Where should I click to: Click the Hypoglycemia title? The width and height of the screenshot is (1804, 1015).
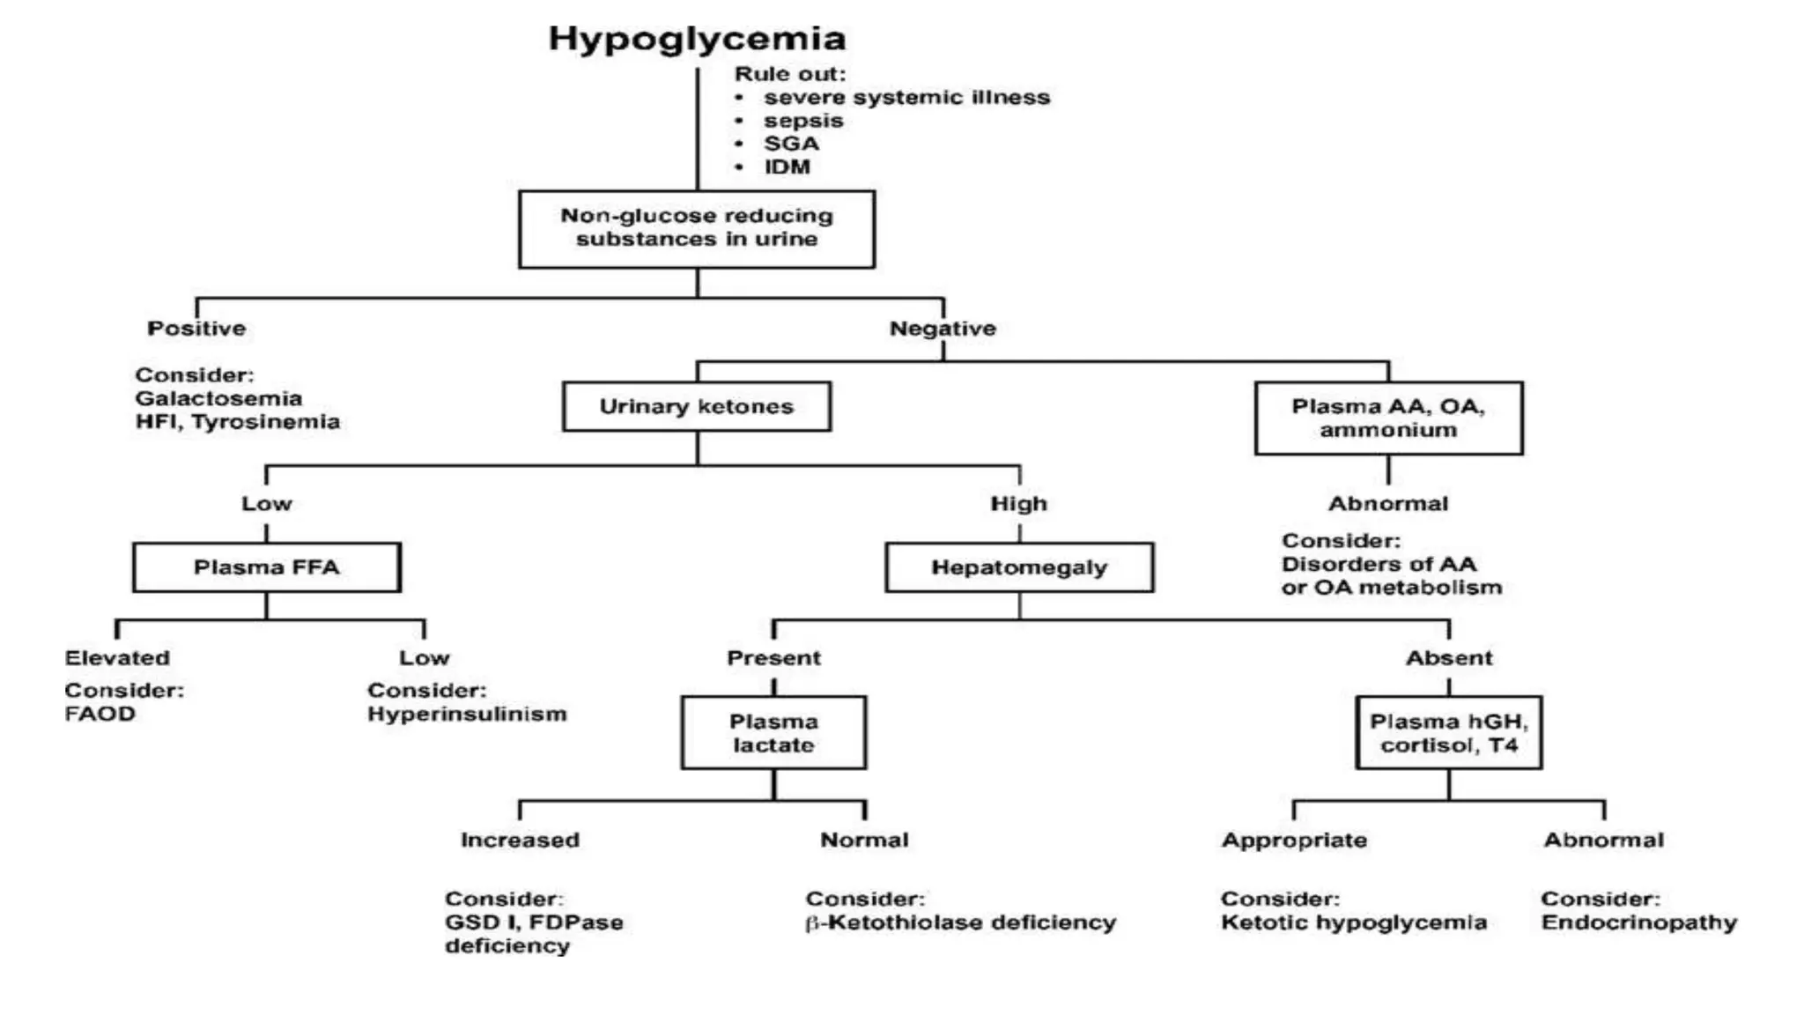697,39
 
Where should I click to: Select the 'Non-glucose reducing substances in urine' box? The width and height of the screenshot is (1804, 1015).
697,228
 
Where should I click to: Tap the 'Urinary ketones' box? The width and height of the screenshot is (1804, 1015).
697,406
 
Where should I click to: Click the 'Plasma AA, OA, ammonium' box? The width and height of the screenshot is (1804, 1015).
1388,418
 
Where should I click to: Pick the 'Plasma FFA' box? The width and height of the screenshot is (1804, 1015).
266,567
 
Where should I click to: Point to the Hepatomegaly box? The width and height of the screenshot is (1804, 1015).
1019,567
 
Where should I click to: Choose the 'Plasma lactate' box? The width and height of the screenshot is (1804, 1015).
773,732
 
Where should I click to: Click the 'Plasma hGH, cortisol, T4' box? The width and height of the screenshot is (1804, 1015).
1448,732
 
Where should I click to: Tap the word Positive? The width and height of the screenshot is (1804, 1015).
196,328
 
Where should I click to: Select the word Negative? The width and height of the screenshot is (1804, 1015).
943,328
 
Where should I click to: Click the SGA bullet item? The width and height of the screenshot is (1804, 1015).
791,144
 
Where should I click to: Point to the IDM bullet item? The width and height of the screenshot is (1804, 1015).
787,167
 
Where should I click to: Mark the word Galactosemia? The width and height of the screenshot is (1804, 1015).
218,398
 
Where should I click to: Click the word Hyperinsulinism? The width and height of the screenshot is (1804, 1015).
467,714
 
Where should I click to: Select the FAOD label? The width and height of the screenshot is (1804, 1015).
100,714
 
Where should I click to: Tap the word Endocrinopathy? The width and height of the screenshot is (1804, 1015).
1638,922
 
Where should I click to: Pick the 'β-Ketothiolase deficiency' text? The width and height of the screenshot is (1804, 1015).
960,922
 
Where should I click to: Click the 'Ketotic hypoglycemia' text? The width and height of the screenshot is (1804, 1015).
1353,922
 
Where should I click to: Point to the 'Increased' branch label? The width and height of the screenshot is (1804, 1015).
520,840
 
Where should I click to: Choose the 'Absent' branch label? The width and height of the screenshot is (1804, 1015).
1449,657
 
